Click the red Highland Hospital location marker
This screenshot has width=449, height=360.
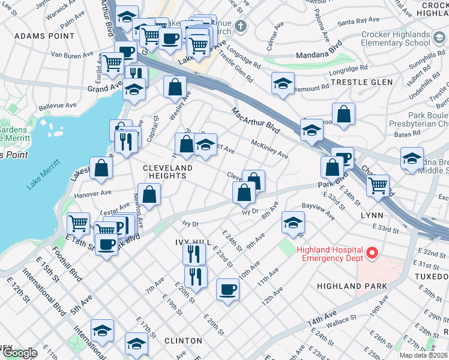[372, 254]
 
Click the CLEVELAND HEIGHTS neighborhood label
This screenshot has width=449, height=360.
[167, 172]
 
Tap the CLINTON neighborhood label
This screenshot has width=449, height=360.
[183, 341]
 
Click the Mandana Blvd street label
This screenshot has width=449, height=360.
[319, 52]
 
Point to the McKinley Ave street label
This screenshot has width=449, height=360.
[270, 150]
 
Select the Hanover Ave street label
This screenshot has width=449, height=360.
[93, 194]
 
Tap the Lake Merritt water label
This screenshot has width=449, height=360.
[43, 174]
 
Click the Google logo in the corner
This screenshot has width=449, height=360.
[19, 353]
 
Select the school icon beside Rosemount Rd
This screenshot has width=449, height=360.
[283, 83]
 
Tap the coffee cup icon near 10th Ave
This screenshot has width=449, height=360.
[228, 290]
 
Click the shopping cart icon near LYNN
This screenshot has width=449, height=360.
[377, 185]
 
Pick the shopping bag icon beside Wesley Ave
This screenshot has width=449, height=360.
[175, 86]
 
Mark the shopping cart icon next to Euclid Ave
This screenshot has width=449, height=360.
[112, 63]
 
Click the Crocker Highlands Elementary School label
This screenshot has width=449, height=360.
[396, 38]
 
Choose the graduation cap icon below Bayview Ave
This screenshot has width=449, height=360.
[292, 223]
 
